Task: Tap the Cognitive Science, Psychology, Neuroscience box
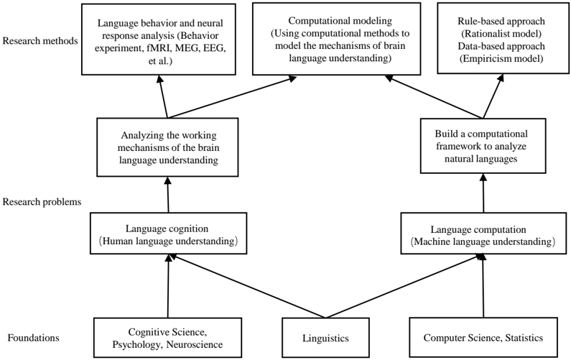coord(168,337)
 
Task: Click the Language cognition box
coord(168,234)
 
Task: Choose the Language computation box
coord(481,234)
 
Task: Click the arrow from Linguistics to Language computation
coord(402,287)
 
